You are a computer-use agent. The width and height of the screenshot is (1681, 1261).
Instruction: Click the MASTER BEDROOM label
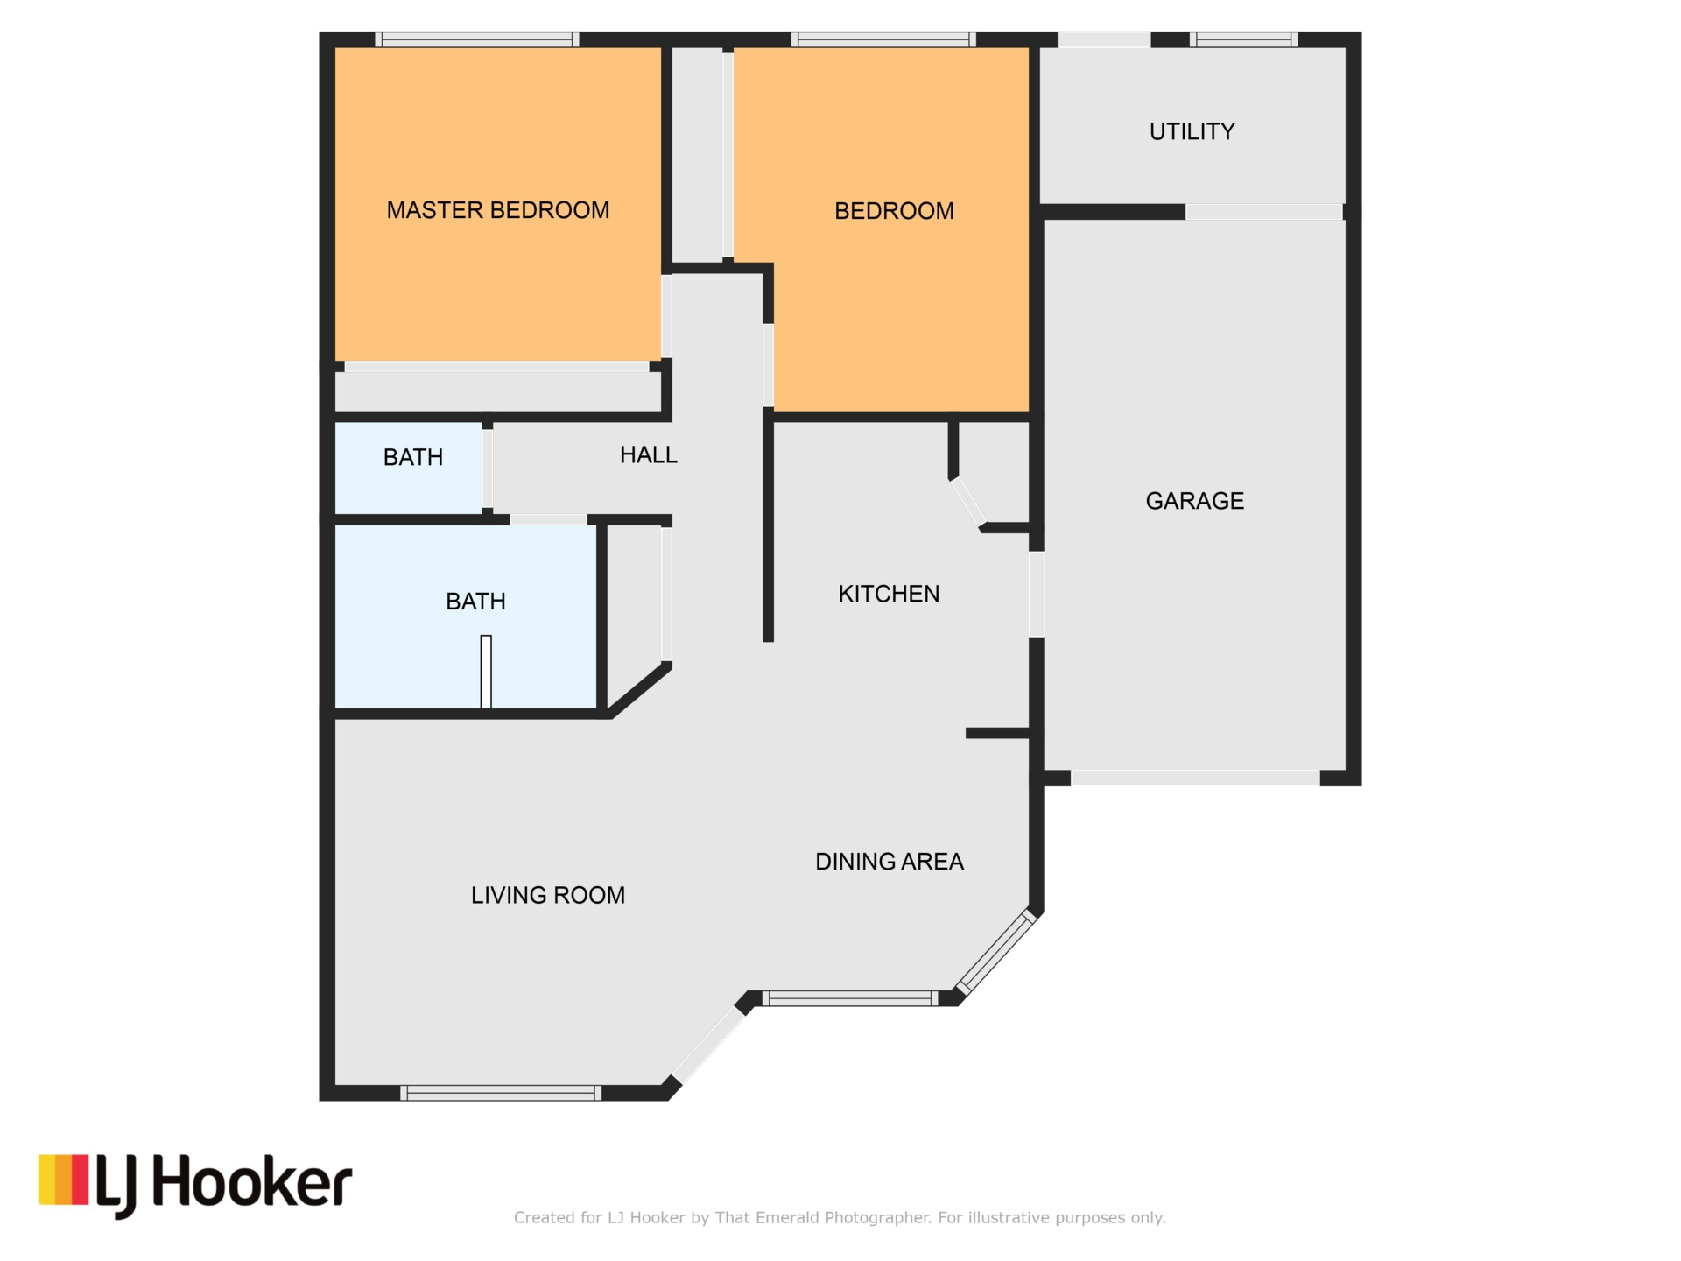498,210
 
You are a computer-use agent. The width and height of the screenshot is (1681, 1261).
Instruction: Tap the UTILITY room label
1192,131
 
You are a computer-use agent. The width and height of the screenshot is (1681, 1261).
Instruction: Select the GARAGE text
1194,501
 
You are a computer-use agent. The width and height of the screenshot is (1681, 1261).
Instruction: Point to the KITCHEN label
889,594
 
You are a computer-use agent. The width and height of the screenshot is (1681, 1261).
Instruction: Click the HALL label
648,454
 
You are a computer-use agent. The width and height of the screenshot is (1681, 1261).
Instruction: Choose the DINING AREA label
890,862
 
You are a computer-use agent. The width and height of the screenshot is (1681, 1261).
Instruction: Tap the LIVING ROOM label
548,895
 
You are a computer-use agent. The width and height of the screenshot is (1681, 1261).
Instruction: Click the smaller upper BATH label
413,457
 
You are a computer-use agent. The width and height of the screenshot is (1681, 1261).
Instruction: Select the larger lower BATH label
475,602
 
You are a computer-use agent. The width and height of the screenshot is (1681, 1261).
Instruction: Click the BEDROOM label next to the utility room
894,211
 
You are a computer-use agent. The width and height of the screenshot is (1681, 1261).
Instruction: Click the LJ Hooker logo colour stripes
63,1180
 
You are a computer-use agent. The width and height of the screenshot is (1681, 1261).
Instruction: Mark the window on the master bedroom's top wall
477,39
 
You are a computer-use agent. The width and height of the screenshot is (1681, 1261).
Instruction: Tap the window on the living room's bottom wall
501,1093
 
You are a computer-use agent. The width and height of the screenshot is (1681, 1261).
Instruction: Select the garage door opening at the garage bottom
1195,778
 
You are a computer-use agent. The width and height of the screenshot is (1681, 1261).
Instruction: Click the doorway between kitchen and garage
1037,594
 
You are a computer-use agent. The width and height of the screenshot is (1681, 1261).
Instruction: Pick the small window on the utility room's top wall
1243,39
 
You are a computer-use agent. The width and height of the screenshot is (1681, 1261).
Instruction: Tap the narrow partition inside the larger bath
486,672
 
